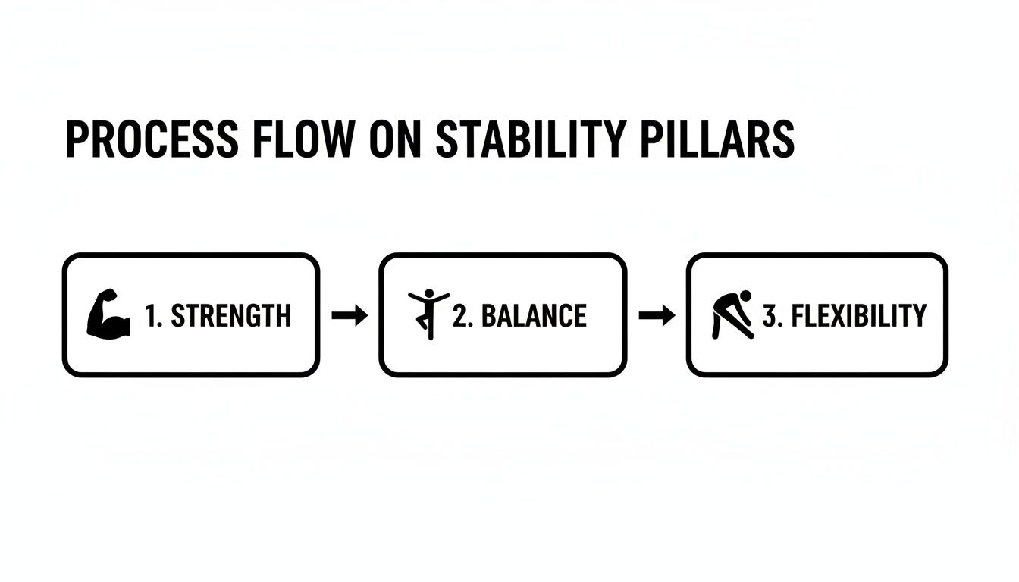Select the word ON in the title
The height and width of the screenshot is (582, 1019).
click(x=393, y=140)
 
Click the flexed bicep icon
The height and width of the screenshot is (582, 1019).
click(x=108, y=314)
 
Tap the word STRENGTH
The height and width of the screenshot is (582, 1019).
click(x=230, y=315)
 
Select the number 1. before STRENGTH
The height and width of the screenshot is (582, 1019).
click(x=154, y=315)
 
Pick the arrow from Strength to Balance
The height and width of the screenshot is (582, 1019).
click(x=350, y=315)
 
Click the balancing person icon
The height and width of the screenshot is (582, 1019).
click(x=428, y=313)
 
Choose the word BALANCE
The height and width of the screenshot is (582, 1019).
click(x=534, y=315)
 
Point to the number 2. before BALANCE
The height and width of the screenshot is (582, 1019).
click(x=463, y=315)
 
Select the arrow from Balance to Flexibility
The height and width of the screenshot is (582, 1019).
click(x=657, y=315)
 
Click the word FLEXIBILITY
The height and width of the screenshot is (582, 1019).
click(x=858, y=315)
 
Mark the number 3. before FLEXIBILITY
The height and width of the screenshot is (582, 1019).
click(x=773, y=315)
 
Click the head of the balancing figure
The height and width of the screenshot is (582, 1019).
click(x=429, y=293)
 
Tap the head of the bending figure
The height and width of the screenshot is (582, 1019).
click(x=745, y=296)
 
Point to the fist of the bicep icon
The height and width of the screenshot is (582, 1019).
click(x=111, y=294)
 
